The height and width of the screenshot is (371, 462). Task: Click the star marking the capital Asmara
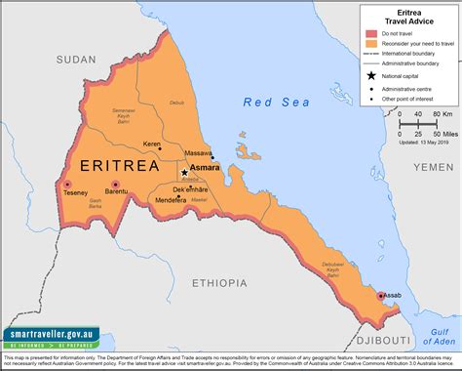(184, 172)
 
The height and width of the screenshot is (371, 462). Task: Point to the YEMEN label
(434, 167)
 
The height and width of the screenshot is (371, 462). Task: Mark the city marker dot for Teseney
(67, 184)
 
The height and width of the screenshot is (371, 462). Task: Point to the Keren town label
(152, 144)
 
